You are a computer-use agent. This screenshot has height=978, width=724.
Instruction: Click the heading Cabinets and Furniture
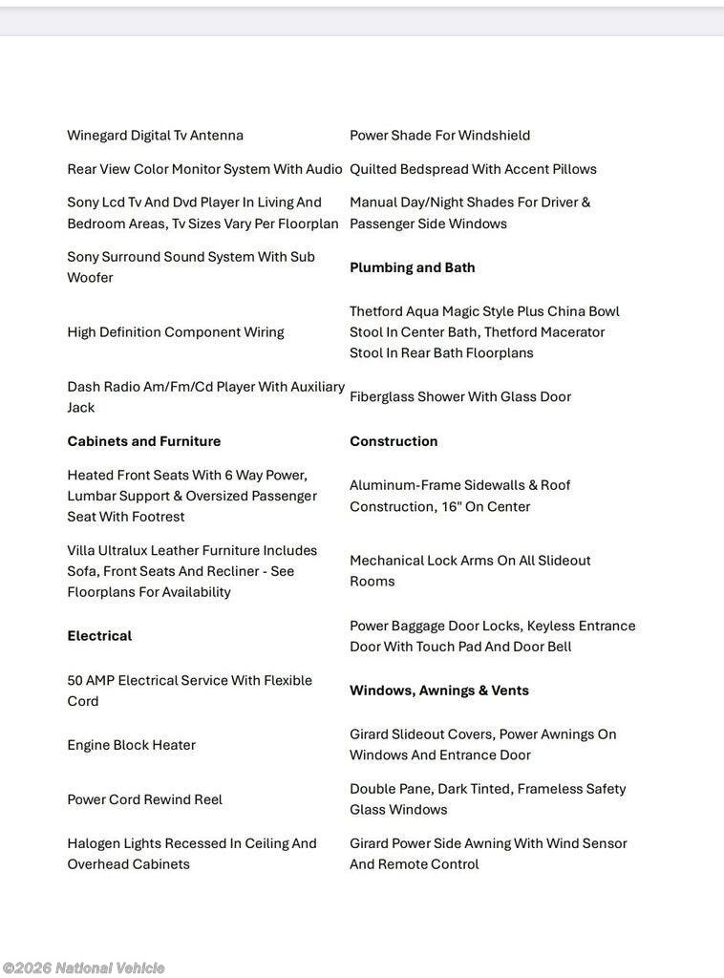point(143,441)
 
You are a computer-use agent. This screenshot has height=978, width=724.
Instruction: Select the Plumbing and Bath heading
point(412,267)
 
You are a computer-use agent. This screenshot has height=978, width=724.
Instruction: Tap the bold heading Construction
point(394,441)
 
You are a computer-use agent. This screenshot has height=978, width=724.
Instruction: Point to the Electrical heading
point(99,636)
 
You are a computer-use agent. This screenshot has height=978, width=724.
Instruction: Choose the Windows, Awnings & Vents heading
point(438,691)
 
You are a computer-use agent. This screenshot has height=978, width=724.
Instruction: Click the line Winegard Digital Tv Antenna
point(155,136)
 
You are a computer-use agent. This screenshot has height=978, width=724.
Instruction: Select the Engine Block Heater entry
point(131,745)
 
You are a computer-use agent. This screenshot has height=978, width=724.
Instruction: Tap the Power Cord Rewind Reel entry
point(144,799)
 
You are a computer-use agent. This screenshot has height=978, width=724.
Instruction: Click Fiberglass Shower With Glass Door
point(459,396)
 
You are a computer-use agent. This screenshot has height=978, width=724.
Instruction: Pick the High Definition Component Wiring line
point(175,332)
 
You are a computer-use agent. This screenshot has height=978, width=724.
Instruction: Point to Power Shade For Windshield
point(439,136)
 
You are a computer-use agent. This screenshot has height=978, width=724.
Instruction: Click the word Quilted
point(373,169)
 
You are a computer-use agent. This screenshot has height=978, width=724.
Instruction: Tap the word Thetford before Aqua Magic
point(378,311)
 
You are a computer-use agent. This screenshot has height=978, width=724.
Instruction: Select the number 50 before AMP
point(75,681)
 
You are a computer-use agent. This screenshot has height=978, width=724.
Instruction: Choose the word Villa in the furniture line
point(81,551)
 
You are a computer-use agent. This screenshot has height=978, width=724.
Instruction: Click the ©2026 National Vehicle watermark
point(83,968)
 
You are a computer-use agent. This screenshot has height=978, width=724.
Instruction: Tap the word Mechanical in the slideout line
point(386,561)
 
